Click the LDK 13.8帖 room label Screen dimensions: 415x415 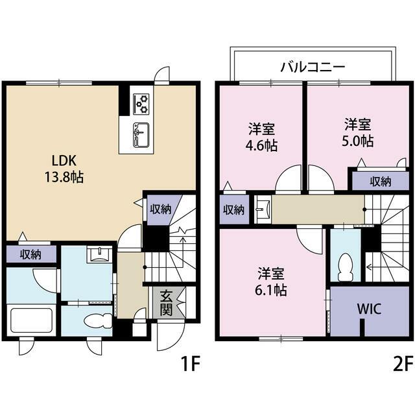62,167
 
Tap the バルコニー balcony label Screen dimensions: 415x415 313,66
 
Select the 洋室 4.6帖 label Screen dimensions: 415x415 263,136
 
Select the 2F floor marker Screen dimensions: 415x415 401,364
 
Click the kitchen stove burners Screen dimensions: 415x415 141,102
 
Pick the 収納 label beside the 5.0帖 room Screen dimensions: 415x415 381,182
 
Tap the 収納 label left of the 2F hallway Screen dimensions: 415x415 234,209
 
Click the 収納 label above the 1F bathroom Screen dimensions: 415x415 30,254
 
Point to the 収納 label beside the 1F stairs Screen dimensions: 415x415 160,209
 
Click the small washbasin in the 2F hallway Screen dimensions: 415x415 263,209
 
